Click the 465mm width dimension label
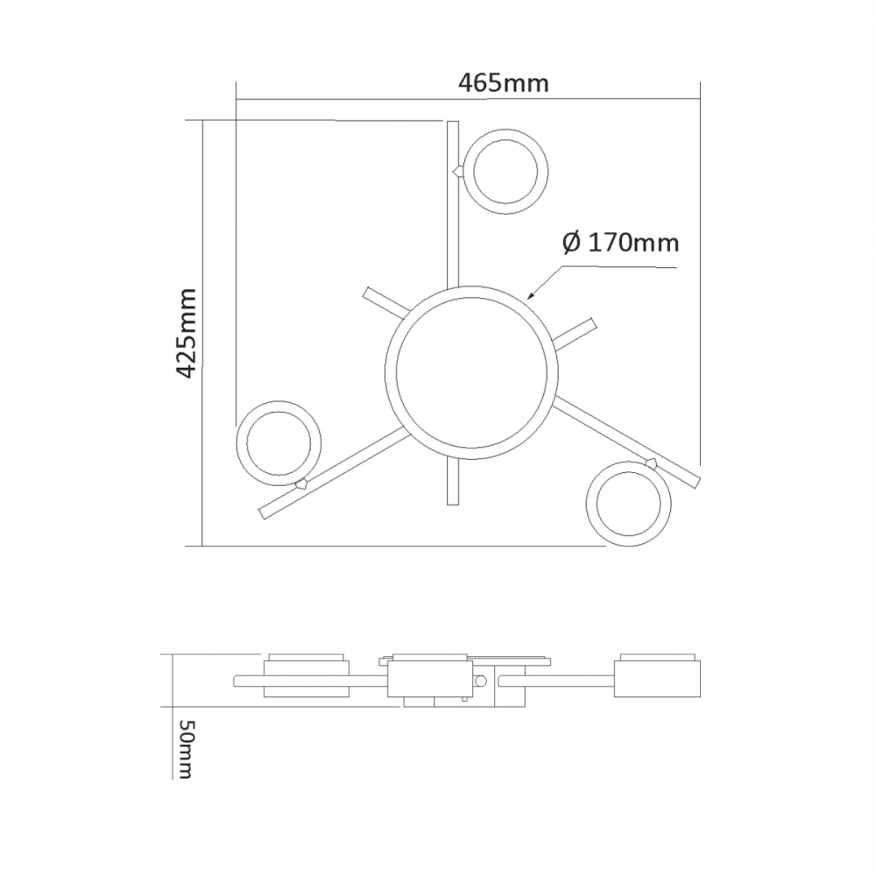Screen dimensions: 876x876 coord(504,84)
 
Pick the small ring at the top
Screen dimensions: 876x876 coord(507,170)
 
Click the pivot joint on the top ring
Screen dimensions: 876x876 coord(456,171)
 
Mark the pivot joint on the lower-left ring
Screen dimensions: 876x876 coord(302,483)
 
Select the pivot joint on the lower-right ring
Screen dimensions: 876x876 coord(651,462)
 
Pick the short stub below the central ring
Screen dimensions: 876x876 coord(453,483)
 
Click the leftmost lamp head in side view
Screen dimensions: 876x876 coord(307,675)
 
